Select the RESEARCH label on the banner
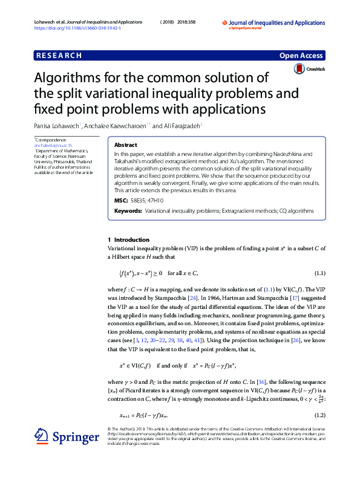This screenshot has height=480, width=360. [59, 56]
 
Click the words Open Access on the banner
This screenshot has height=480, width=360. [301, 56]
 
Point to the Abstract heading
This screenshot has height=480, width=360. [125, 146]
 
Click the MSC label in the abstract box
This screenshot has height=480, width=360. [120, 199]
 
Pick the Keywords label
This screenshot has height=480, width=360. [128, 211]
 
